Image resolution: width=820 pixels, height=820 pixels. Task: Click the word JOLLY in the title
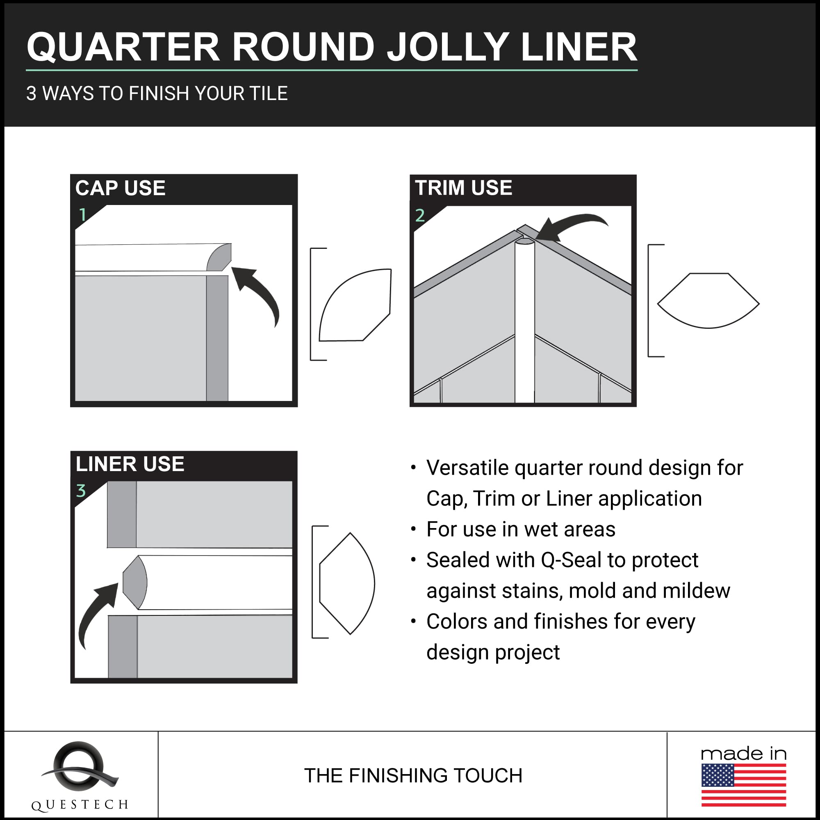tap(448, 48)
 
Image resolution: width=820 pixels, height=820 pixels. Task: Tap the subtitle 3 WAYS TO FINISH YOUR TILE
tap(157, 93)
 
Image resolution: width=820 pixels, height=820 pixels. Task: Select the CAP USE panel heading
tap(120, 188)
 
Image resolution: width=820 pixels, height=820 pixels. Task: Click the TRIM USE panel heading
tap(463, 188)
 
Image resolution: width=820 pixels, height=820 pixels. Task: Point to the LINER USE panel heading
tap(130, 463)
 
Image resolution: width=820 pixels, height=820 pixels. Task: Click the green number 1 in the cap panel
tap(83, 215)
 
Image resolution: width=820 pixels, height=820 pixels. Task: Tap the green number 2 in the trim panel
tap(420, 216)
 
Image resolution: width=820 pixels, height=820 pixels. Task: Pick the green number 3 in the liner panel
tap(81, 491)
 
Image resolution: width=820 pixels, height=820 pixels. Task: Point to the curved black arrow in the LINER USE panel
tap(97, 611)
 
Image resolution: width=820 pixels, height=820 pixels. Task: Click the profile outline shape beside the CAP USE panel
tap(354, 305)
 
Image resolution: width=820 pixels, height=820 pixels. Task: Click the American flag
tap(744, 785)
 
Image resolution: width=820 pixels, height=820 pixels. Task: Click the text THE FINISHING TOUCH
tap(413, 775)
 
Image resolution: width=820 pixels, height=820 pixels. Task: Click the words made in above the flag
tap(744, 754)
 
